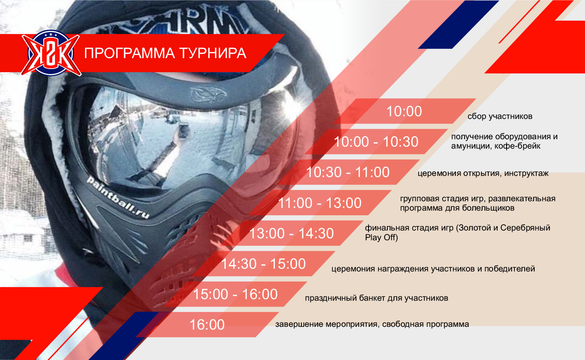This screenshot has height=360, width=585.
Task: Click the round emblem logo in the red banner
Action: tap(51, 53)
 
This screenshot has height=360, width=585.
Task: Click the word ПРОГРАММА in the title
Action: tap(129, 53)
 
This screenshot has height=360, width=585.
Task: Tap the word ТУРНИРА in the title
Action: tap(213, 53)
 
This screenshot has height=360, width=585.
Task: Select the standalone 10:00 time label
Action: tap(404, 111)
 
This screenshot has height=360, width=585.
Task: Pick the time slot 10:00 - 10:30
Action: tap(376, 142)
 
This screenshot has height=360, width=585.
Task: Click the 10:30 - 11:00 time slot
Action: tap(347, 172)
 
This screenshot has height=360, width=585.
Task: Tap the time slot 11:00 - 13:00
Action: tap(320, 203)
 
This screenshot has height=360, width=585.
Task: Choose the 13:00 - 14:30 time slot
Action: tap(291, 233)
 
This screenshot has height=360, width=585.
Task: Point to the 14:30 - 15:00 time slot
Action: tap(263, 264)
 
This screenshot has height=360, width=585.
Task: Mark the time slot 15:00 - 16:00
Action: tap(235, 294)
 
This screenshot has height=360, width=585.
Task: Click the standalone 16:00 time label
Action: tap(207, 325)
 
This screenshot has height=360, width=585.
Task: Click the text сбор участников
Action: tap(500, 116)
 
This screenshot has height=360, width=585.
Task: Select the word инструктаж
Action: tap(526, 174)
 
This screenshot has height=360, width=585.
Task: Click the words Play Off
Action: tap(381, 238)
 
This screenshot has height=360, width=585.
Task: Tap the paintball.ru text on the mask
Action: tap(118, 197)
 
